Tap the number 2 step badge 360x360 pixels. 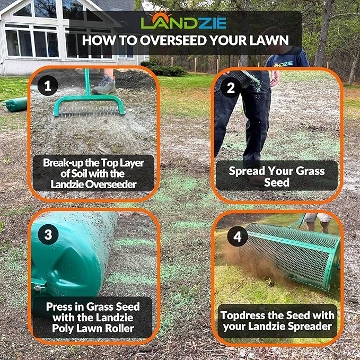click(231, 88)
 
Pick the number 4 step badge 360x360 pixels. click(237, 236)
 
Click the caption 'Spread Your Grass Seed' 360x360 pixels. click(276, 176)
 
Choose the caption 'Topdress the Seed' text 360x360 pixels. click(276, 320)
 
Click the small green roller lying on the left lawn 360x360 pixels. click(16, 104)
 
